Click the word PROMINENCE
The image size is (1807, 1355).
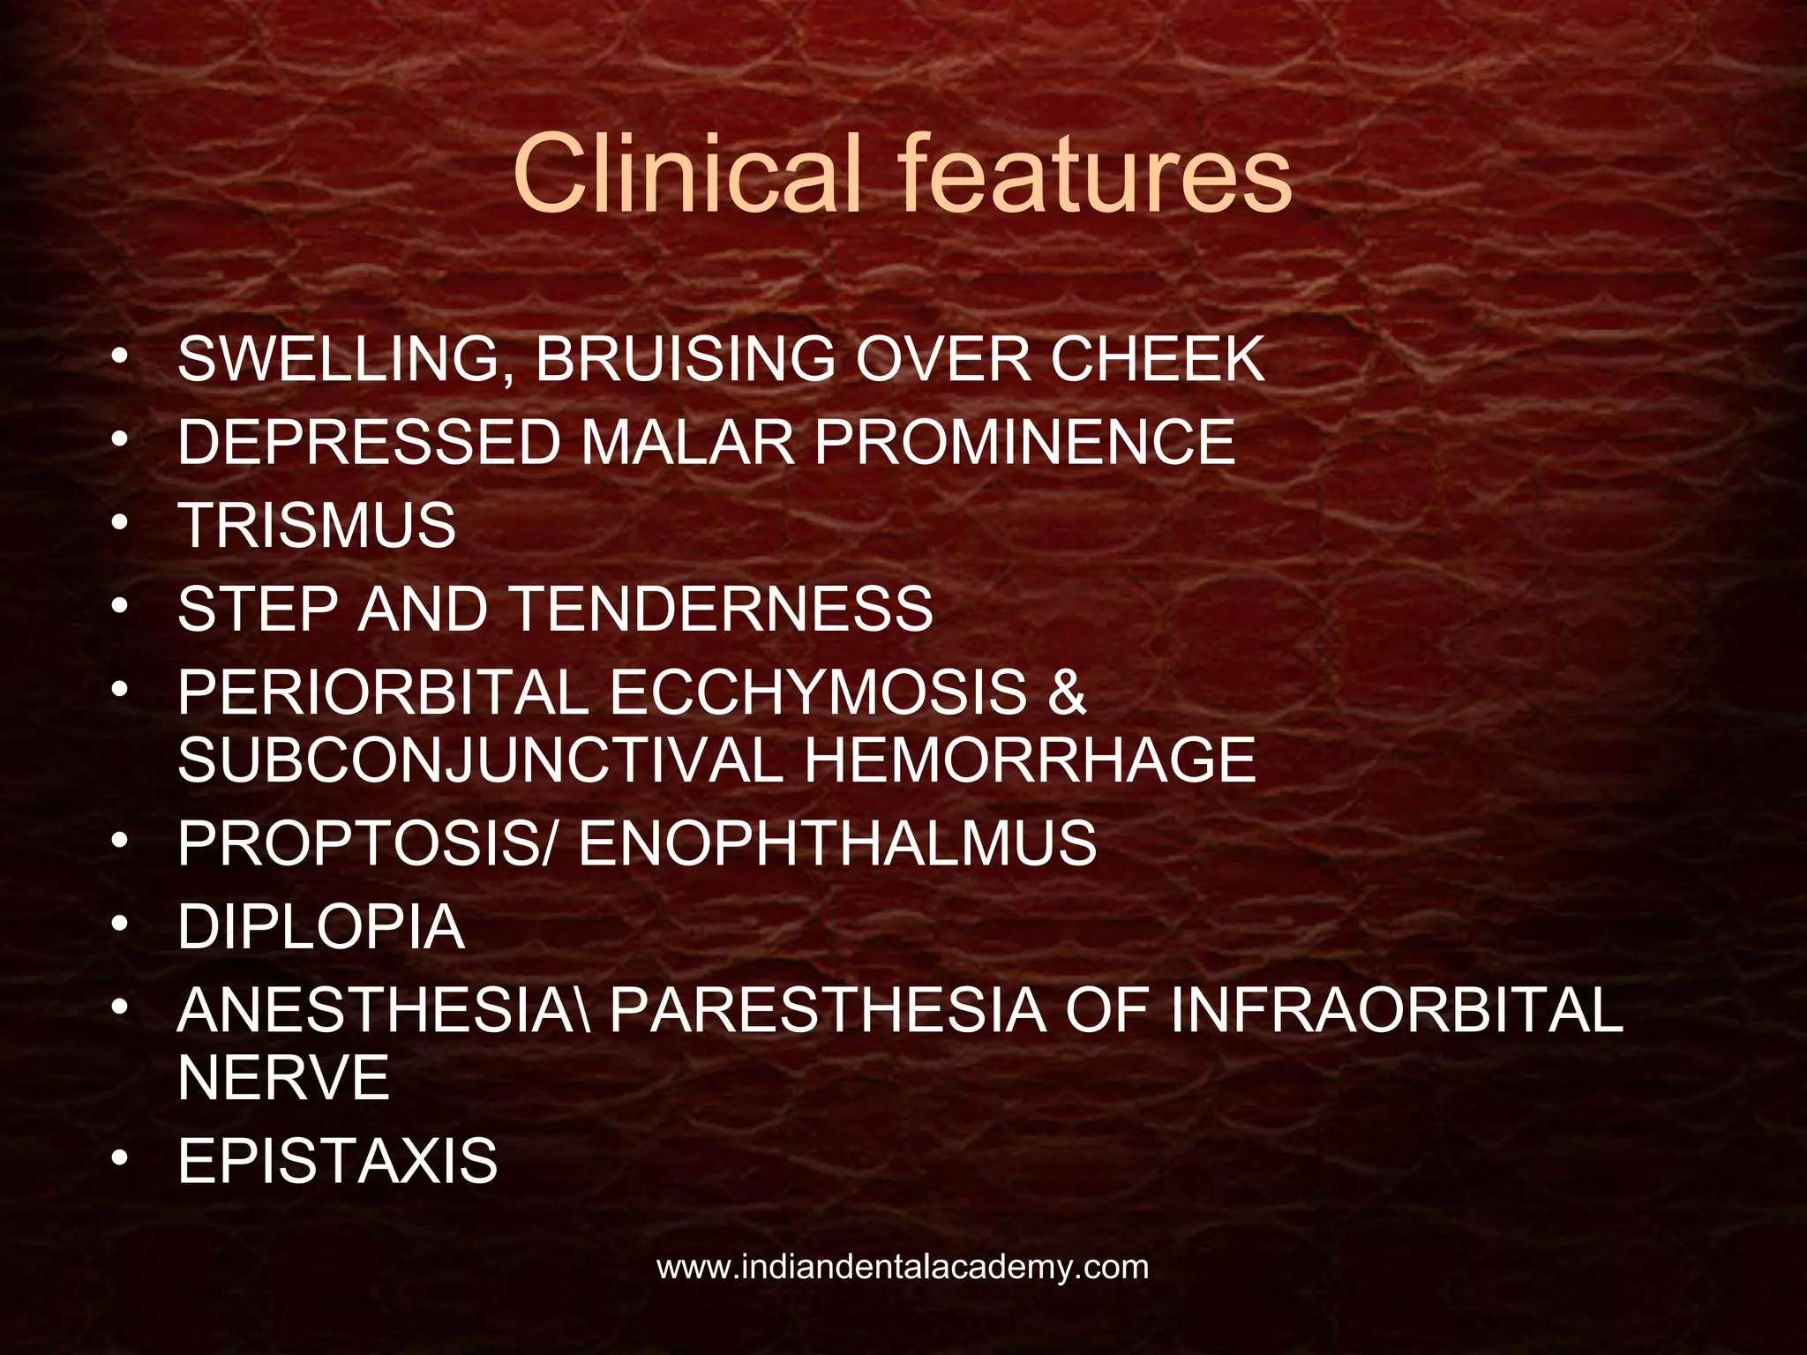(1024, 442)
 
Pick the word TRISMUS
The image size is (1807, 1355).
(317, 525)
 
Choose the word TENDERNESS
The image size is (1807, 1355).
(721, 608)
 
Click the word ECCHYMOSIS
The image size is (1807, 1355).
(818, 692)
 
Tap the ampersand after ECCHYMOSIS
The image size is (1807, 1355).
(1067, 692)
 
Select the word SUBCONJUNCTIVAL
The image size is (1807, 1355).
(480, 760)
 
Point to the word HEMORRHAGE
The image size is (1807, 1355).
(1030, 760)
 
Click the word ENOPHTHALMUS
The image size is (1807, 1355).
(837, 843)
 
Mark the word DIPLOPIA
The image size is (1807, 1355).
(321, 926)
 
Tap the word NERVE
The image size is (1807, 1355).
(283, 1077)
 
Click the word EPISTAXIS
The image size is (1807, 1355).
(338, 1161)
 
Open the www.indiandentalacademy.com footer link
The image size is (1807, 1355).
(903, 1268)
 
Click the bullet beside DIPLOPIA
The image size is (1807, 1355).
(120, 924)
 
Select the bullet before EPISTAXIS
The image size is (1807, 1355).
(120, 1158)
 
